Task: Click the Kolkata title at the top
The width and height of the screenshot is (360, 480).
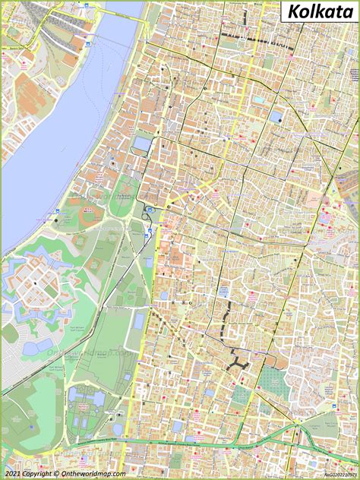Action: click(x=320, y=13)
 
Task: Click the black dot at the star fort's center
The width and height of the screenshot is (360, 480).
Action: click(x=35, y=283)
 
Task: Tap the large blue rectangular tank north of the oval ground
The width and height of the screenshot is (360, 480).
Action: click(x=141, y=143)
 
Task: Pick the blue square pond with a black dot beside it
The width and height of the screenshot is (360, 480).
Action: click(x=275, y=116)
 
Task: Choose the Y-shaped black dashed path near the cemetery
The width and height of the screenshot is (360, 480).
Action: click(x=238, y=362)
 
